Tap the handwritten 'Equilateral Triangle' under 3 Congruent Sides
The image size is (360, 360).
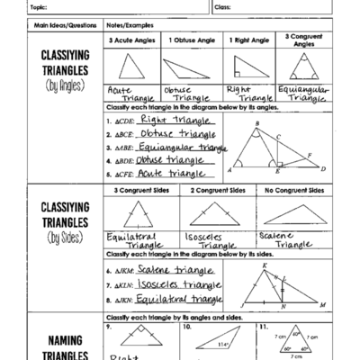[x=131, y=239]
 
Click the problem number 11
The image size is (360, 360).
[x=262, y=328]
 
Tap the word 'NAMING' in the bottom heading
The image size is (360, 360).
[x=56, y=340]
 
